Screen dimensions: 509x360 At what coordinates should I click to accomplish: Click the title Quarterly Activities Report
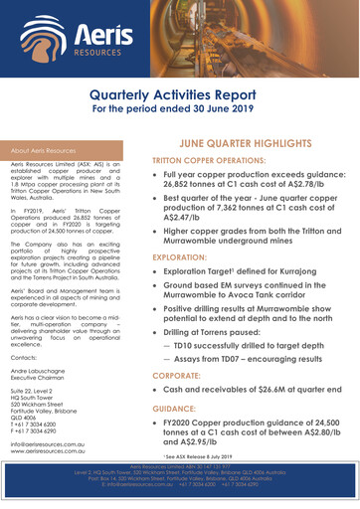pyautogui.click(x=180, y=93)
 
